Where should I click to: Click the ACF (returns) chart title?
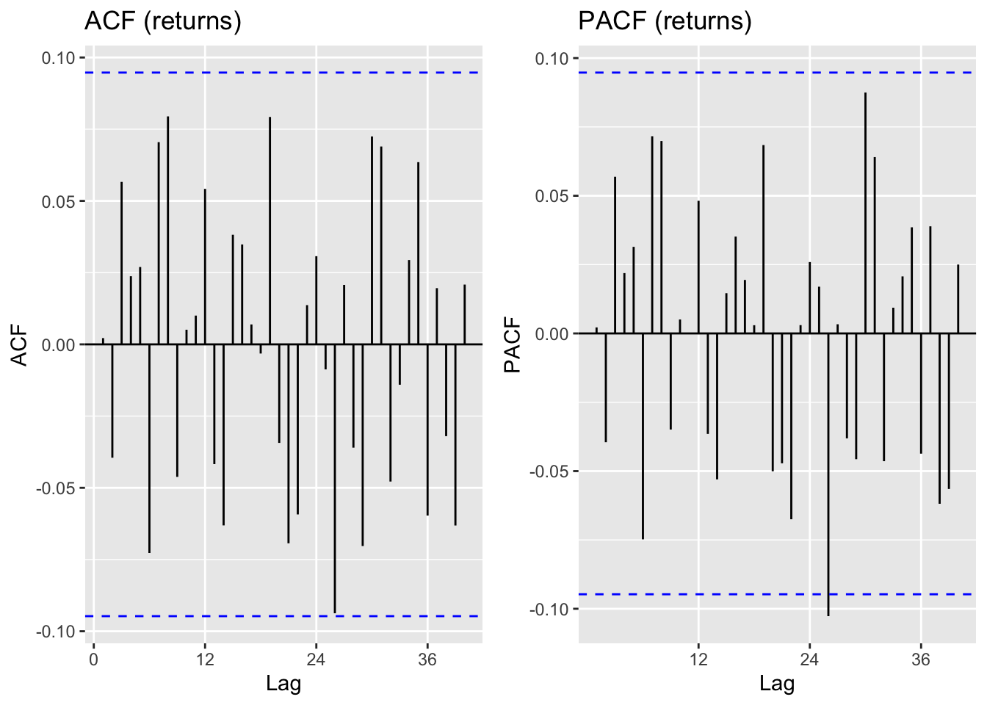[163, 21]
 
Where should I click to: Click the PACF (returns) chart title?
[665, 21]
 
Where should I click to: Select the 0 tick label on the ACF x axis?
[93, 659]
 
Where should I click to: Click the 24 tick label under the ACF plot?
[316, 659]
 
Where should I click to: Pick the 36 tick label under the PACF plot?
[920, 659]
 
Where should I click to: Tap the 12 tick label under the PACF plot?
[698, 659]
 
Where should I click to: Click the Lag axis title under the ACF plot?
[283, 684]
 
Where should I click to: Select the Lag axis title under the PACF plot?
[777, 684]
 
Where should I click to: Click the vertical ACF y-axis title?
[20, 345]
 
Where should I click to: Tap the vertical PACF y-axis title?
[513, 345]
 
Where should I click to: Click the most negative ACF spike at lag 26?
[335, 514]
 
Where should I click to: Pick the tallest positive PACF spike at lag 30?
[865, 184]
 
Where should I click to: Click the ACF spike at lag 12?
[205, 264]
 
